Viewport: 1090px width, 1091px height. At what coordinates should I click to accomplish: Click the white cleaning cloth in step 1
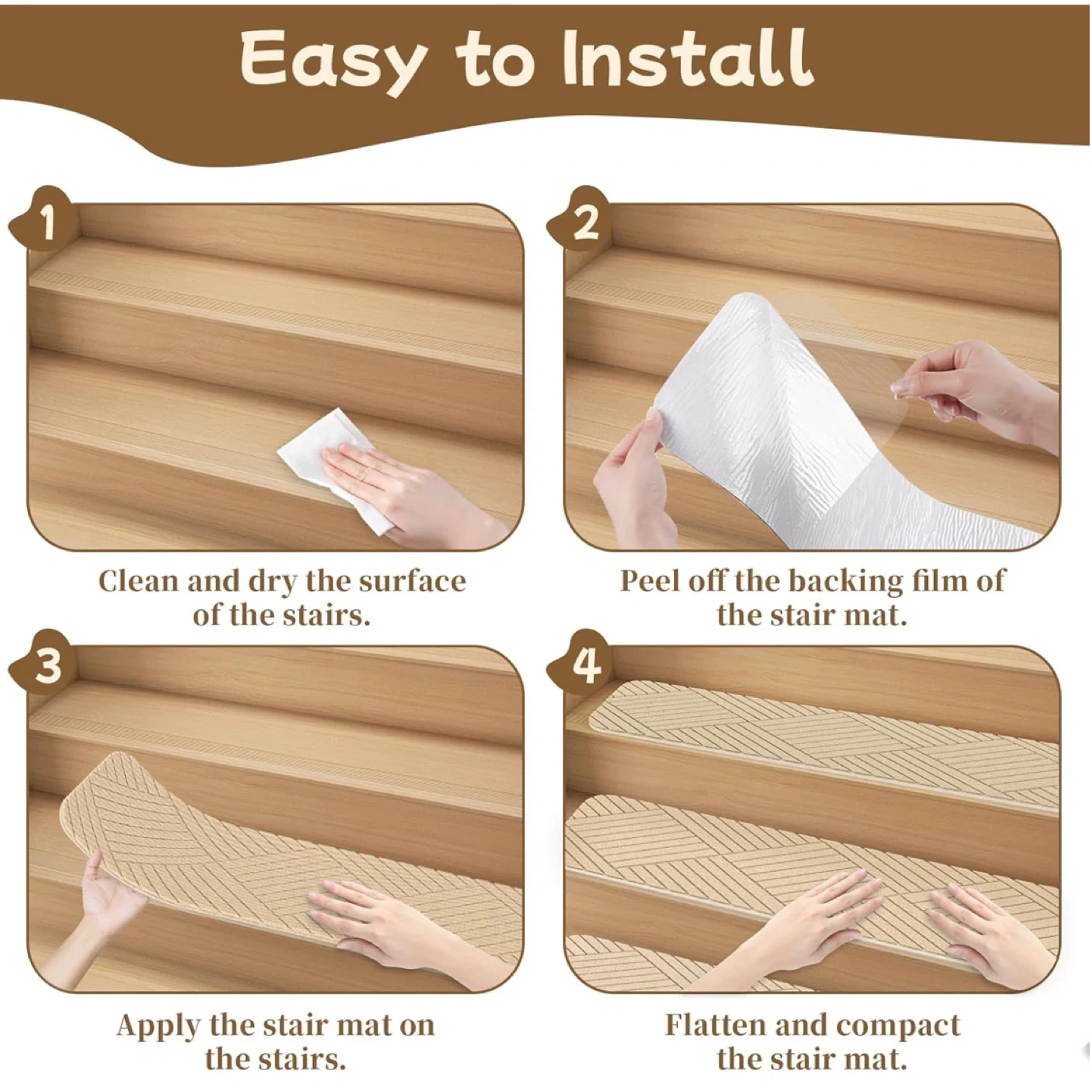[334, 467]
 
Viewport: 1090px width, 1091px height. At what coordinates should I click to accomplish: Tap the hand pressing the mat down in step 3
[396, 929]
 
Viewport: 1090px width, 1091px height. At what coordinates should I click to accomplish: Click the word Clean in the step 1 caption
[139, 581]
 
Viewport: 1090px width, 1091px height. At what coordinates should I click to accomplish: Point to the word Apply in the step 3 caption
[158, 1025]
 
